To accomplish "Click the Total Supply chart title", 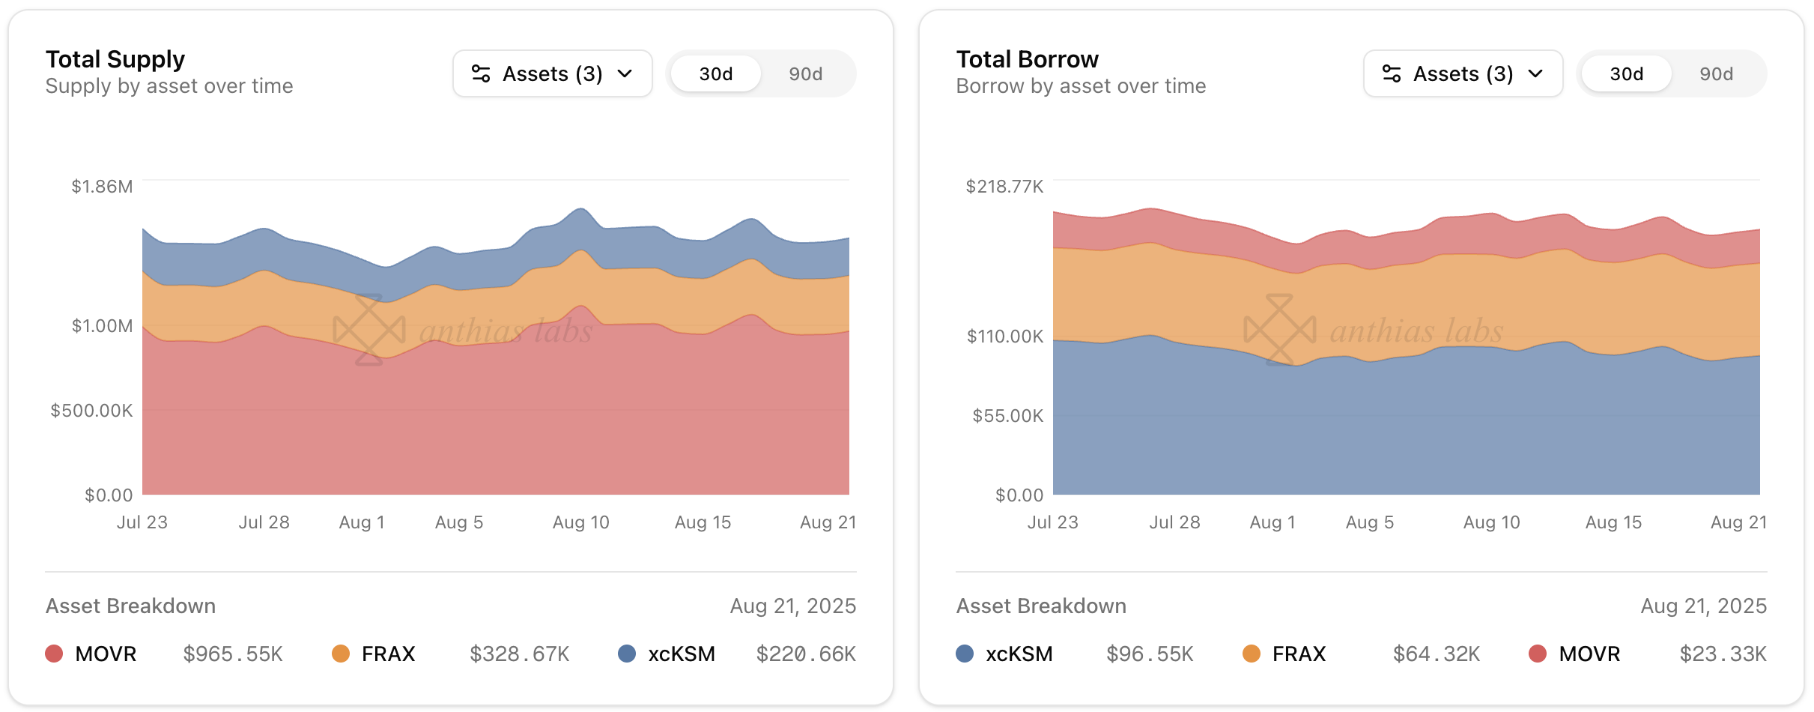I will [115, 59].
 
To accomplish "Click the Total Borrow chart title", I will [1027, 59].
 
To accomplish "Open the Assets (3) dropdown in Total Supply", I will [552, 73].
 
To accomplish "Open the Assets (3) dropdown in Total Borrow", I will [1463, 73].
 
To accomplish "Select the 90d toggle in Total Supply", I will [805, 73].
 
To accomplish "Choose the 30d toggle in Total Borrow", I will [1626, 73].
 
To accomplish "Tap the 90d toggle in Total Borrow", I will [1716, 73].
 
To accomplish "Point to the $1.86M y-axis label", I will [102, 187].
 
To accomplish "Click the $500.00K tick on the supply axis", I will [91, 411].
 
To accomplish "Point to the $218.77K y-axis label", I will [1004, 187].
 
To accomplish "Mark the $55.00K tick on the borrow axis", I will [1007, 416].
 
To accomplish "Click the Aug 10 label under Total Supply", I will [580, 522].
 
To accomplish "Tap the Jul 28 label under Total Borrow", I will [1174, 522].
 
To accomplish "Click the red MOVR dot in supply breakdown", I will [54, 654].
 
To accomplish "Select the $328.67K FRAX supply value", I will [519, 654].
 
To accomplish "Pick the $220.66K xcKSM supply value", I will [806, 654].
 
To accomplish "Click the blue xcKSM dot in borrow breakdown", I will [965, 654].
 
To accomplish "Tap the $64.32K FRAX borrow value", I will [1436, 654].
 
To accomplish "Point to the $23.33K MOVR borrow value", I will [1723, 654].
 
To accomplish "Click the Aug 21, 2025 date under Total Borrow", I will [1703, 606].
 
